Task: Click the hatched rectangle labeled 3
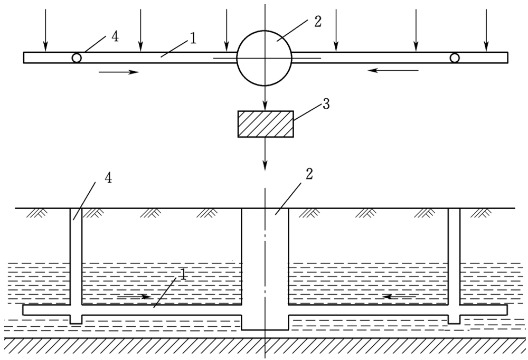tap(266, 124)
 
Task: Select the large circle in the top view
tap(264, 58)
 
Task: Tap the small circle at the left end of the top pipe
tap(77, 58)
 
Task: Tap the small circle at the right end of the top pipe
tap(455, 58)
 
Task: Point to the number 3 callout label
tap(326, 104)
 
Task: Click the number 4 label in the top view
tap(115, 37)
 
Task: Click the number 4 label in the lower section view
tap(108, 178)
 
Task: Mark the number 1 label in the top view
tap(193, 38)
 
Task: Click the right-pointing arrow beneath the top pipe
tap(118, 71)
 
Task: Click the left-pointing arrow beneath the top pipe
tap(393, 70)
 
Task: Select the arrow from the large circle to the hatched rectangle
tap(265, 98)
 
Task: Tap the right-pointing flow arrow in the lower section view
tap(134, 297)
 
